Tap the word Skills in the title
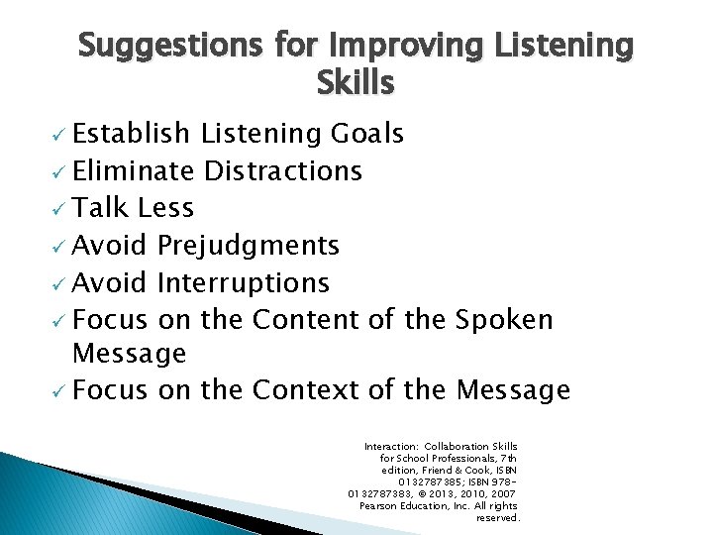coord(356,84)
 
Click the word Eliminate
coord(134,171)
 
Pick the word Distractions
coord(283,171)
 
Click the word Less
coord(166,208)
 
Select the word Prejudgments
coord(249,245)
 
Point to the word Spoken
coord(504,319)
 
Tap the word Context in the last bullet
coord(307,390)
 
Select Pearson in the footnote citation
coord(384,505)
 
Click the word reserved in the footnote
coord(497,517)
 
